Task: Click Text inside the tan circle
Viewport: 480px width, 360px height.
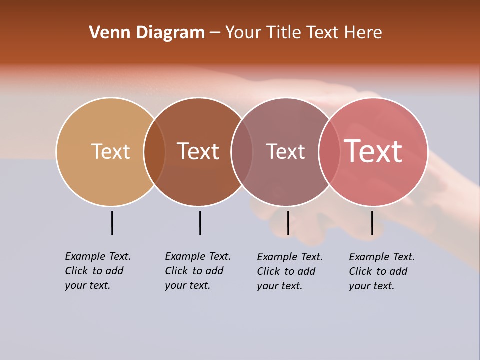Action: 110,151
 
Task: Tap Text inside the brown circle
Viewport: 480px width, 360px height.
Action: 198,151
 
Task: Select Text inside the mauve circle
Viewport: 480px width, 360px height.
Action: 285,151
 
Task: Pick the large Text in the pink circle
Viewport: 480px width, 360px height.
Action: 373,151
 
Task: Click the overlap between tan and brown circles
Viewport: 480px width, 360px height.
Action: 154,151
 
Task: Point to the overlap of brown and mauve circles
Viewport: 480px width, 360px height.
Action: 242,151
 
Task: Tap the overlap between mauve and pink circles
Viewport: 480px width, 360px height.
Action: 329,151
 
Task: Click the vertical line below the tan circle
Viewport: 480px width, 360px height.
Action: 112,223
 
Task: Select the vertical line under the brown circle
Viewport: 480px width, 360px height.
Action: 200,223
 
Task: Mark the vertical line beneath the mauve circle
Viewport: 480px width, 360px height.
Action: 288,223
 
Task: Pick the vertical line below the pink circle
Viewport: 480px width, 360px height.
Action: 372,223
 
